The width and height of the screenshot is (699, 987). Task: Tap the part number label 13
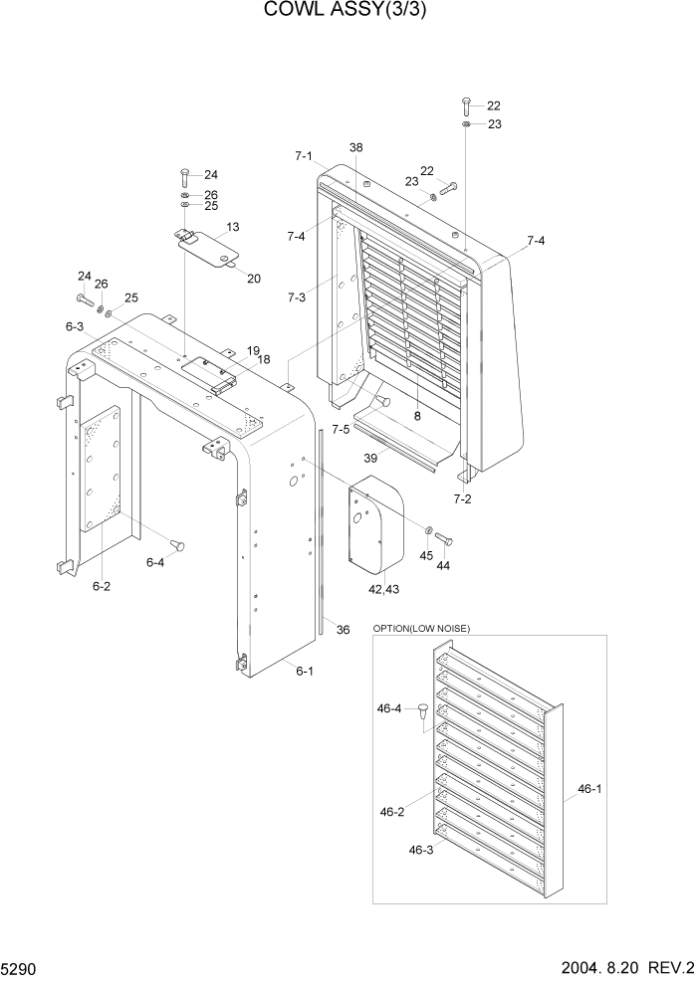point(232,228)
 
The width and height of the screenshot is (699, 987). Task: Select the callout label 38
point(355,147)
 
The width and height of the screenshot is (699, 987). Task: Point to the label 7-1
point(304,156)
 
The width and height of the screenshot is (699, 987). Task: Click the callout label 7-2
point(463,497)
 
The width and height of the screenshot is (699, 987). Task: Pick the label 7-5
point(340,430)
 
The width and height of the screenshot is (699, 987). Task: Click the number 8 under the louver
point(417,416)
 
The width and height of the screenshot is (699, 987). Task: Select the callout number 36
point(343,629)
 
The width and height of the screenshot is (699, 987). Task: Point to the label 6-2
point(102,587)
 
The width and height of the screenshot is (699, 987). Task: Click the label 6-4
point(155,562)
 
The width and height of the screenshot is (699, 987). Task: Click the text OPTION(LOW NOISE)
point(421,628)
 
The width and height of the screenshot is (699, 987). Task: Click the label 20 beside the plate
point(254,279)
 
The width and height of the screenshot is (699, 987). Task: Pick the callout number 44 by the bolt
point(444,564)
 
